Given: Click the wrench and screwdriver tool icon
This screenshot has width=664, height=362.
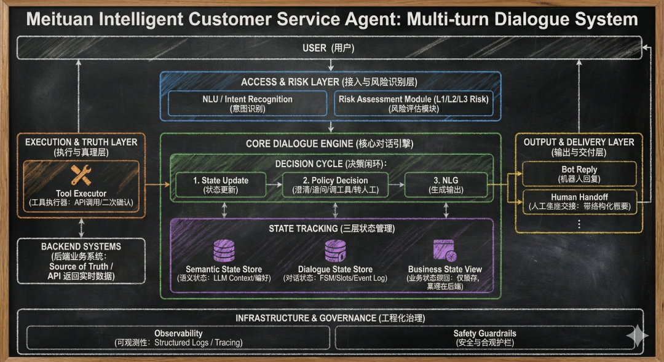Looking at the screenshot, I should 81,175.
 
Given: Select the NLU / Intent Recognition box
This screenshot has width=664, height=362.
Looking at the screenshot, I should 247,103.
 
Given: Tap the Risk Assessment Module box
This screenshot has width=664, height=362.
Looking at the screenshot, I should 414,103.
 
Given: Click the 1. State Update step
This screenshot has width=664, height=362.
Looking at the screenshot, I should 220,185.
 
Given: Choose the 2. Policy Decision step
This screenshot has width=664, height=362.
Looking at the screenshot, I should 335,185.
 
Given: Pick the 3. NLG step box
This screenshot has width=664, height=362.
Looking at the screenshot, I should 446,185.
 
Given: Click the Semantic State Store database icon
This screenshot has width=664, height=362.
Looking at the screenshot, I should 223,251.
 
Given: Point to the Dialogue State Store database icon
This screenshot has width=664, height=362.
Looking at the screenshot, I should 335,251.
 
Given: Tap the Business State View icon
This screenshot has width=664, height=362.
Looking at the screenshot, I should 445,251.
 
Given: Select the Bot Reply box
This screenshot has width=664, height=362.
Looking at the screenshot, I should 579,173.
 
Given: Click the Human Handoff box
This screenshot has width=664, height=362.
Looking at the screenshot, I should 579,202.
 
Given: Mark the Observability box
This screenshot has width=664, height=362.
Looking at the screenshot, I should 178,337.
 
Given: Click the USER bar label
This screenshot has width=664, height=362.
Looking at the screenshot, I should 328,48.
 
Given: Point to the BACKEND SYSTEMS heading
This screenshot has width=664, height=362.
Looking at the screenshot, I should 81,246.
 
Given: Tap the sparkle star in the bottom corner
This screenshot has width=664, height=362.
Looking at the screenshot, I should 637,336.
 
